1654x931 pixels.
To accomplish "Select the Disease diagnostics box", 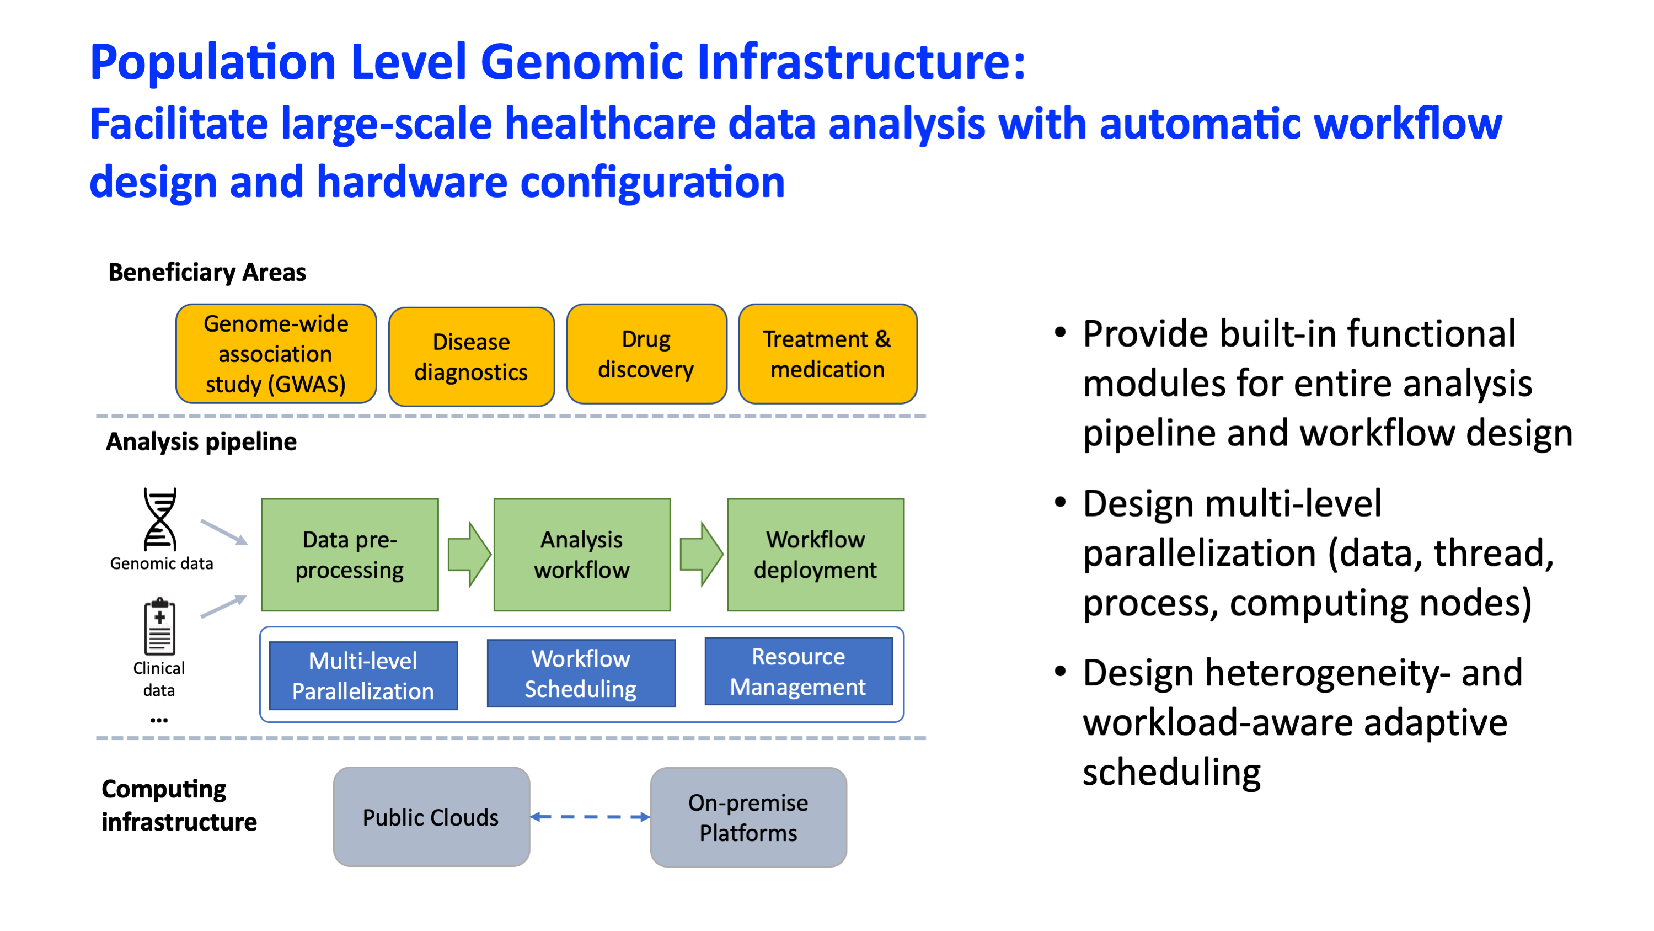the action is (472, 357).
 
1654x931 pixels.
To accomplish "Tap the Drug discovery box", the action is (646, 354).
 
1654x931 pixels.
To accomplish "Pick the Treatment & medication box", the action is (828, 354).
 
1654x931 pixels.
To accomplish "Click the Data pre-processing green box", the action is (350, 555).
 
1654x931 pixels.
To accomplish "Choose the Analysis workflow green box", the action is (582, 555).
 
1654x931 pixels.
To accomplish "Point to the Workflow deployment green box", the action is (816, 555).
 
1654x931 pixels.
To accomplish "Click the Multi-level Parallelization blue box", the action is (363, 675).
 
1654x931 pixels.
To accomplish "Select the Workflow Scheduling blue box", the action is (581, 673).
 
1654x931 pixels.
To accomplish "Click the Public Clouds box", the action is (431, 817).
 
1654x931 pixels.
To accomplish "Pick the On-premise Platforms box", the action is (748, 817).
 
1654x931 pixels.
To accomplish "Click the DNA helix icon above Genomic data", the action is (160, 519).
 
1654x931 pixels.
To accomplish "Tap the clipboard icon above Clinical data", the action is (160, 626).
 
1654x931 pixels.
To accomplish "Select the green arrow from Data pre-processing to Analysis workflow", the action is (469, 555).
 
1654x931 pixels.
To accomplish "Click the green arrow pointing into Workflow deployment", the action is (702, 554).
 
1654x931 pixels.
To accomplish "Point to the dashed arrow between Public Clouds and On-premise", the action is (591, 817).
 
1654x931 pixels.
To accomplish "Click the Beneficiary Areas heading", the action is (207, 273).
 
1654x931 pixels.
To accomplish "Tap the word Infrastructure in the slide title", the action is (861, 62).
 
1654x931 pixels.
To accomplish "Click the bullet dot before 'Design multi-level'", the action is (1060, 502).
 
